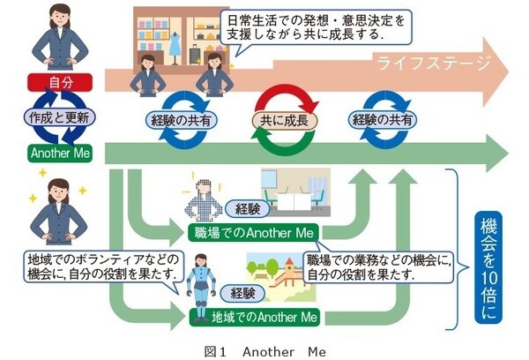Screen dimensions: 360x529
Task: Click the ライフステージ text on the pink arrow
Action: pyautogui.click(x=424, y=63)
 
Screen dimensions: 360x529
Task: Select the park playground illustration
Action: pyautogui.click(x=281, y=274)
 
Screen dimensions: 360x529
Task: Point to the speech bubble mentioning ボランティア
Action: pyautogui.click(x=104, y=266)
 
